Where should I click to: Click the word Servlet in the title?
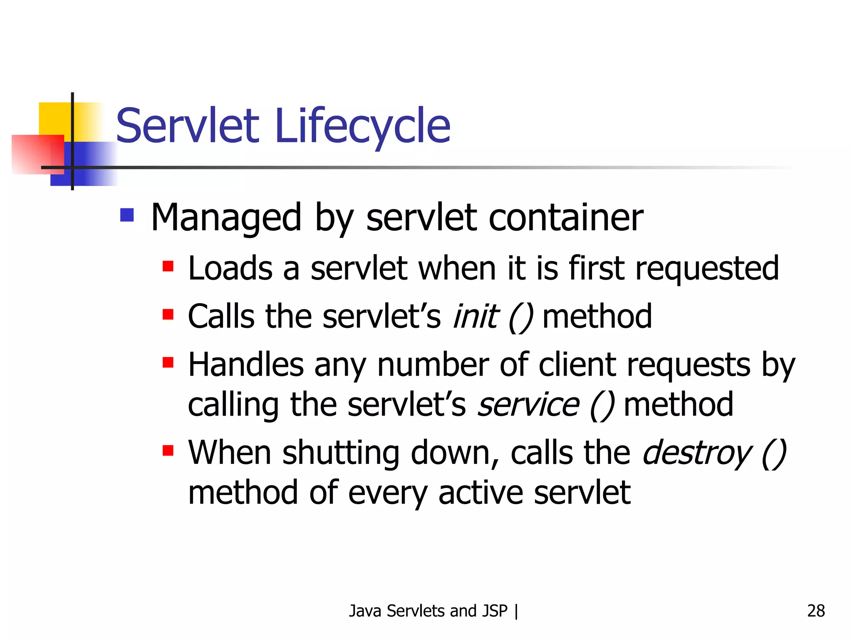pos(188,126)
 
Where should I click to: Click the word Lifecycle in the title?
pos(362,126)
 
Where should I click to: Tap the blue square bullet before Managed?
pos(127,215)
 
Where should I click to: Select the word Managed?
pos(226,218)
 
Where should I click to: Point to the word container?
pos(566,218)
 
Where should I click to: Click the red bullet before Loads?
pos(168,266)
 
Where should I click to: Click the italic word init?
pos(475,317)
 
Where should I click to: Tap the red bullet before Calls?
pos(168,314)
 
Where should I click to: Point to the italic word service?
pos(528,405)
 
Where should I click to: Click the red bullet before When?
pos(168,451)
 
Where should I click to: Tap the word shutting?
pos(341,453)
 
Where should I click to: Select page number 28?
pos(816,611)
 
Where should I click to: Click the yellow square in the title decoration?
pos(54,118)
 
